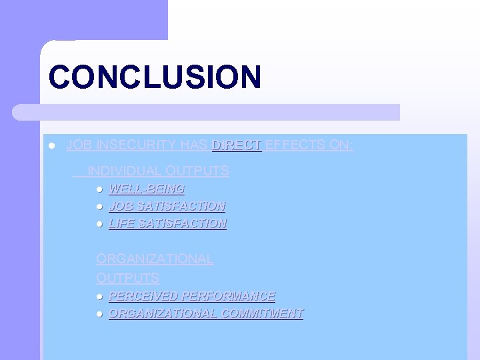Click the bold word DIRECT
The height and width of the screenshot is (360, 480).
point(237,145)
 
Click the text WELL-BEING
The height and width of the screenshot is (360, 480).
point(147,189)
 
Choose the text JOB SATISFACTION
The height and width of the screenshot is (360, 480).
point(167,207)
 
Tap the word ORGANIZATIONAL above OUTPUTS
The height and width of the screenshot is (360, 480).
point(155,259)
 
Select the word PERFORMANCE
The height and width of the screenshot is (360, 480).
point(228,296)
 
